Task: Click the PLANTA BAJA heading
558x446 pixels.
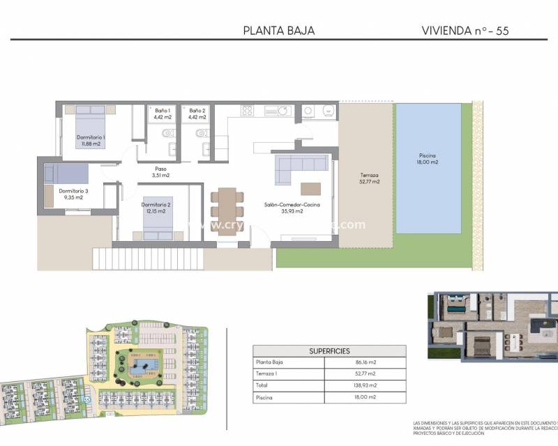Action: (x=279, y=30)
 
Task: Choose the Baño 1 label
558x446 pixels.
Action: (x=163, y=114)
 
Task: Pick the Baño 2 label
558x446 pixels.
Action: (x=197, y=114)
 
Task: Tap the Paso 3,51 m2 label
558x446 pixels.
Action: (x=160, y=172)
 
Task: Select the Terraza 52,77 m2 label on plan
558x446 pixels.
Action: (x=370, y=178)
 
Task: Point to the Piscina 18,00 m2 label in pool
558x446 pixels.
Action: (x=428, y=159)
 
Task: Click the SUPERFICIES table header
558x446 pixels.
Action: (x=329, y=351)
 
